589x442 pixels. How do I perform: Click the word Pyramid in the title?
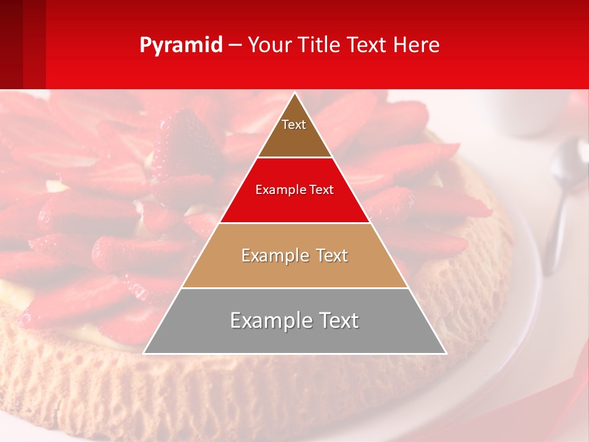181,45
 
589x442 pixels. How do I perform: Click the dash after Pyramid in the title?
235,45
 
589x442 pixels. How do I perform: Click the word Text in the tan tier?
333,255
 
